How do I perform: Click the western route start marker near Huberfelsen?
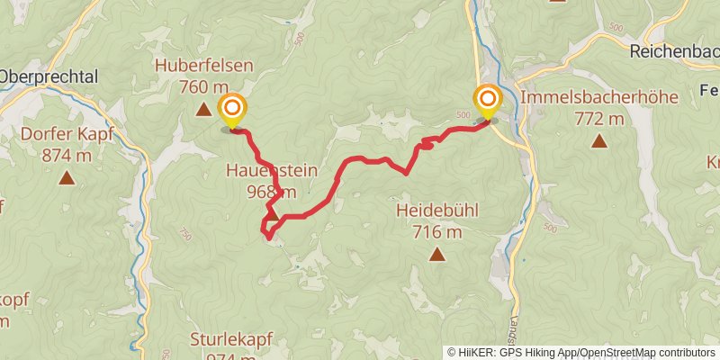click(232, 112)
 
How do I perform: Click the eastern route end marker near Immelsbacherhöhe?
click(488, 101)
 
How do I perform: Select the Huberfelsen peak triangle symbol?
click(203, 110)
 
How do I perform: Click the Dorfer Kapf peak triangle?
click(67, 177)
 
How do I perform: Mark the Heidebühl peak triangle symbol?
click(437, 255)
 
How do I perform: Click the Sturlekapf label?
click(231, 340)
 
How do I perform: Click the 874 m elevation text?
click(67, 156)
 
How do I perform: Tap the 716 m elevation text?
click(437, 233)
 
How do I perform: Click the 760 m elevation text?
click(203, 86)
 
